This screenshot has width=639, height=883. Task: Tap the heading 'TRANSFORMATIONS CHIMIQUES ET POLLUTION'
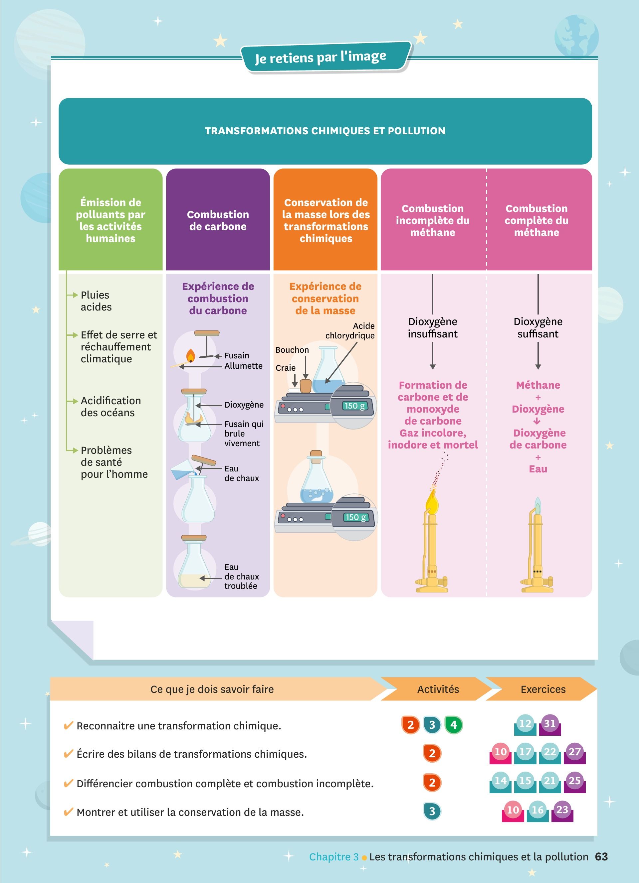coord(325,131)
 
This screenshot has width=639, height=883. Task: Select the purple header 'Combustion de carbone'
coord(218,220)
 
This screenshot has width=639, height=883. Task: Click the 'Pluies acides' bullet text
coord(96,301)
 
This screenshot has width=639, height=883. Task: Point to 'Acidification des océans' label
coord(110,407)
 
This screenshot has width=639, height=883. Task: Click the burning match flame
coord(190,355)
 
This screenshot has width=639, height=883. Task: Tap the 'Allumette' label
coord(243,366)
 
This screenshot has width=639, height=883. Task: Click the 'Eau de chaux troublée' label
coord(241,576)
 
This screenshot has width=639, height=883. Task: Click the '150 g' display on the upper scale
coord(354,406)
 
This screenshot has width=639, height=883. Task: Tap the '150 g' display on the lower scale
coord(355,517)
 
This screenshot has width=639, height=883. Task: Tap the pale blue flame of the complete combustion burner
coord(538,506)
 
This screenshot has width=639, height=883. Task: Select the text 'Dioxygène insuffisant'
coord(433,327)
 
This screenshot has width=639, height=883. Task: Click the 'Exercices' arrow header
coord(543,689)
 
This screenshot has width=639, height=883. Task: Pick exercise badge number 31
coord(550,724)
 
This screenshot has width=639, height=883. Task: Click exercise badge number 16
coord(538,810)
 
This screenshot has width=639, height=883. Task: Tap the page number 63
coord(601,856)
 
